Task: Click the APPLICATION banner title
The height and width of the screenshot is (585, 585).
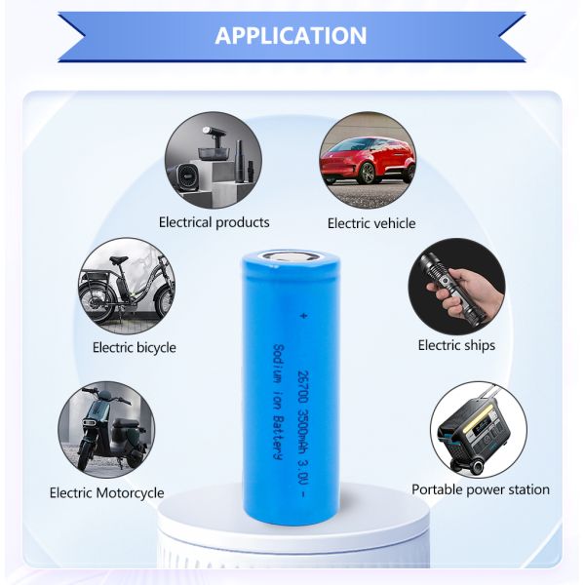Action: (x=291, y=36)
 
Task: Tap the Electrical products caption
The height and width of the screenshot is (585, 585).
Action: (x=214, y=222)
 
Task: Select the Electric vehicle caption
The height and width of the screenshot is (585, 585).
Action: (x=370, y=223)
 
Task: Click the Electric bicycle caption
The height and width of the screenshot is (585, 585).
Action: (x=135, y=347)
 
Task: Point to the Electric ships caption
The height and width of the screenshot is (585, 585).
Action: (x=456, y=345)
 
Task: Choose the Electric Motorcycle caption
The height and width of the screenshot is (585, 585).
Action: (x=107, y=492)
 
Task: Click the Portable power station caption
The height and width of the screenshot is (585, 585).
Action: (x=481, y=489)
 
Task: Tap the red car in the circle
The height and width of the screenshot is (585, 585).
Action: (x=368, y=158)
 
